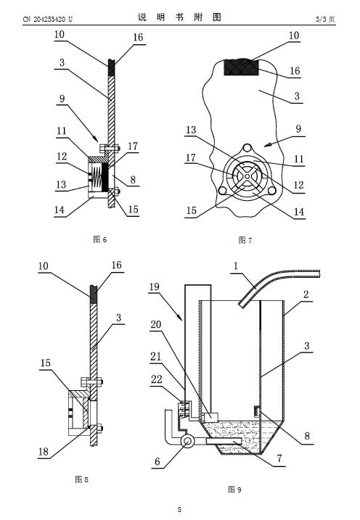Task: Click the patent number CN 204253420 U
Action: [x=47, y=20]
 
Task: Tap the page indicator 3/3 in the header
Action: [x=321, y=20]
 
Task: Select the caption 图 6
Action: [x=100, y=239]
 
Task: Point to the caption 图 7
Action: [x=245, y=240]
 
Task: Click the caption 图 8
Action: [x=81, y=479]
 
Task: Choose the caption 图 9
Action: [x=234, y=489]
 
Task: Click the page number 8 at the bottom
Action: [x=179, y=509]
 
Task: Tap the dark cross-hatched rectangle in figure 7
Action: [x=241, y=67]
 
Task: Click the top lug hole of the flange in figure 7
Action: [x=247, y=147]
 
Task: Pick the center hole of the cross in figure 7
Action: [x=247, y=176]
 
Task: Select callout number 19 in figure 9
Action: [x=155, y=286]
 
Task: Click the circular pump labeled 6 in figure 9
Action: [x=187, y=441]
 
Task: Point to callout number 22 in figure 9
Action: [x=156, y=379]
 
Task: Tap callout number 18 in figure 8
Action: [x=44, y=451]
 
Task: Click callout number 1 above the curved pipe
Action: [x=236, y=266]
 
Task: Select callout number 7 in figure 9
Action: [x=279, y=458]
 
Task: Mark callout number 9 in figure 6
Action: [x=62, y=99]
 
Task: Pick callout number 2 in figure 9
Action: [x=306, y=294]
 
